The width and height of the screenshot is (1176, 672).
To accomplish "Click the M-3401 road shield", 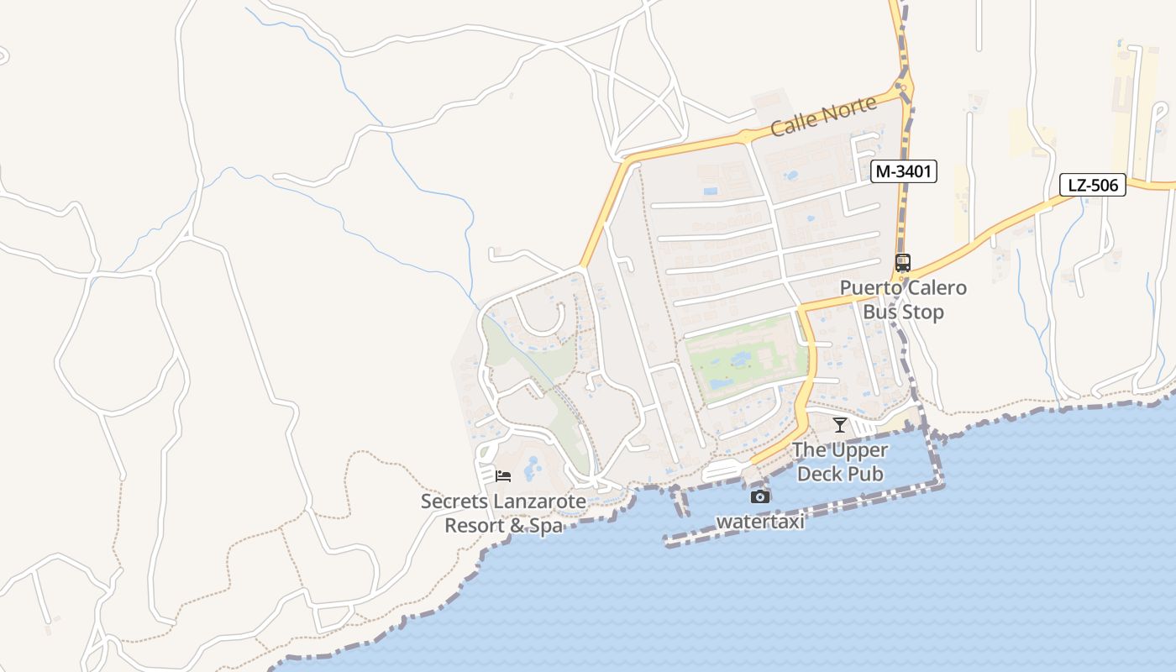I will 903,171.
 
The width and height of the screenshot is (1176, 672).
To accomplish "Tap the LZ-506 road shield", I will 1093,185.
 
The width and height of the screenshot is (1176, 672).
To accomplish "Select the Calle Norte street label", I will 823,116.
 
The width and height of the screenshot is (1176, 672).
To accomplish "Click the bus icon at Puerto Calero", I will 902,262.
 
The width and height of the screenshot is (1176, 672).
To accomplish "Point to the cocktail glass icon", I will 839,424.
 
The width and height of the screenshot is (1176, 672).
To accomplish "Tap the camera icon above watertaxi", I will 759,496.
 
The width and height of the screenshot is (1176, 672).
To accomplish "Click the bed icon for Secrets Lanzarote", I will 503,476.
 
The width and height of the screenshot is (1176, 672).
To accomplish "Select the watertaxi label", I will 760,522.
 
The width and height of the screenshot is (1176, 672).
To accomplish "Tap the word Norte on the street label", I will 847,109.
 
